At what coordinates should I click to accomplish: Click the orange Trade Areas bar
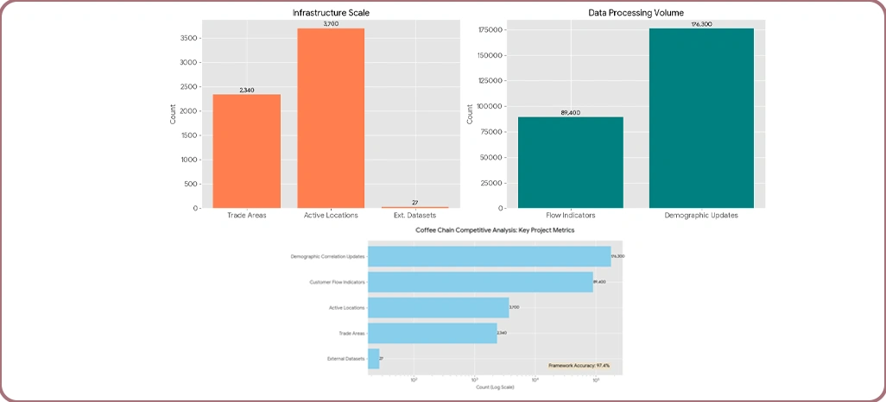pyautogui.click(x=246, y=151)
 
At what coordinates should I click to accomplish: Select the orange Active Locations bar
pyautogui.click(x=331, y=118)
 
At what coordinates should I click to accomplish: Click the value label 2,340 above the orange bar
pyautogui.click(x=247, y=90)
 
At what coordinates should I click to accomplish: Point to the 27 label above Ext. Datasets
pyautogui.click(x=415, y=203)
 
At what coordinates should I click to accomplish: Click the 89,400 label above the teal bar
pyautogui.click(x=571, y=112)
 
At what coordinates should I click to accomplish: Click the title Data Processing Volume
pyautogui.click(x=636, y=13)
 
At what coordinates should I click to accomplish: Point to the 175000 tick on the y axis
pyautogui.click(x=490, y=30)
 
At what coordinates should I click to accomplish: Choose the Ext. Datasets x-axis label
pyautogui.click(x=415, y=215)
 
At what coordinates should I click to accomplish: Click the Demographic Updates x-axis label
pyautogui.click(x=701, y=215)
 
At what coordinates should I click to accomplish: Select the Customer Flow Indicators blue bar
pyautogui.click(x=480, y=281)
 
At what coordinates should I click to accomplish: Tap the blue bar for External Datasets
pyautogui.click(x=373, y=358)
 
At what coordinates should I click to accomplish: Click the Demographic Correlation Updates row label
pyautogui.click(x=328, y=256)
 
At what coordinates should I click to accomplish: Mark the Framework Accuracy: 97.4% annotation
pyautogui.click(x=579, y=366)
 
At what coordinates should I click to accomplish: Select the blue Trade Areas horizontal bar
pyautogui.click(x=433, y=332)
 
